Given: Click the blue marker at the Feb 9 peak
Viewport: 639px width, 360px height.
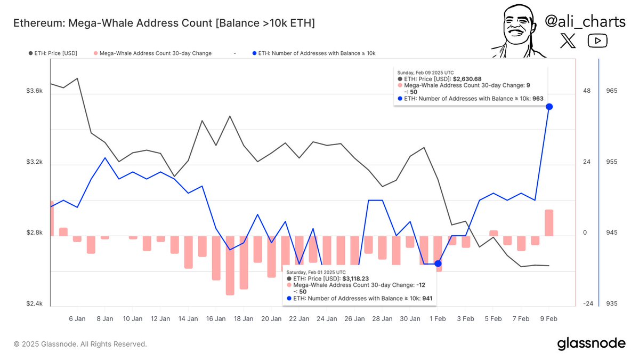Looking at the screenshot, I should click(549, 107).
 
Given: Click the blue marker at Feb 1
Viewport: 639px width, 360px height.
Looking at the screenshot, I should click(438, 263).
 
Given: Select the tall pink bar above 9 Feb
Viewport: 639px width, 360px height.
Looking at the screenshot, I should click(549, 223).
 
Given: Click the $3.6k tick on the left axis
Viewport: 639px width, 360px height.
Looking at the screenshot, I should click(34, 91).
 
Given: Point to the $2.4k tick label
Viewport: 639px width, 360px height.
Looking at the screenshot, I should click(34, 304).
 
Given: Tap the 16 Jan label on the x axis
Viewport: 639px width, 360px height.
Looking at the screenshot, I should click(216, 319).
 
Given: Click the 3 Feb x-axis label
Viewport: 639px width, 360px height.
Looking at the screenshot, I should click(465, 319).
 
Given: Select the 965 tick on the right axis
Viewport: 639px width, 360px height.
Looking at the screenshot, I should click(611, 91).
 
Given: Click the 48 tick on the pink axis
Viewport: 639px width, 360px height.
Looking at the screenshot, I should click(587, 91).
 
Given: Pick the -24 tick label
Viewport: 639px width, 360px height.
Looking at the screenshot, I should click(588, 304).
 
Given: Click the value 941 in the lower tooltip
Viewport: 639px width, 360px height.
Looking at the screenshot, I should click(427, 299).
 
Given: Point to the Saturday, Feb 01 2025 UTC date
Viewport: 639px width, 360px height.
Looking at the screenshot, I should click(316, 272).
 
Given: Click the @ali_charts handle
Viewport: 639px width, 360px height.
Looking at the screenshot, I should click(585, 21).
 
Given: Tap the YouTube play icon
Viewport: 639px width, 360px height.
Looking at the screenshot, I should click(597, 41).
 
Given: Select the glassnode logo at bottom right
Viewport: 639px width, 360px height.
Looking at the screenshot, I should click(591, 344).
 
